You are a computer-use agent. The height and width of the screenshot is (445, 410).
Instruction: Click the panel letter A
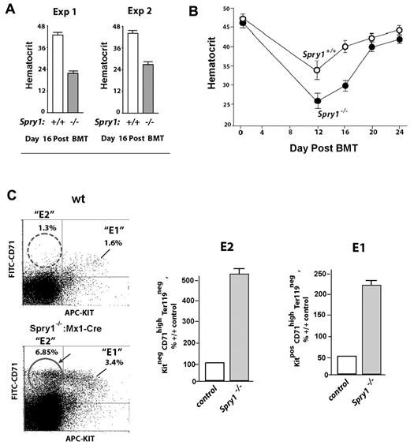coord(10,10)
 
